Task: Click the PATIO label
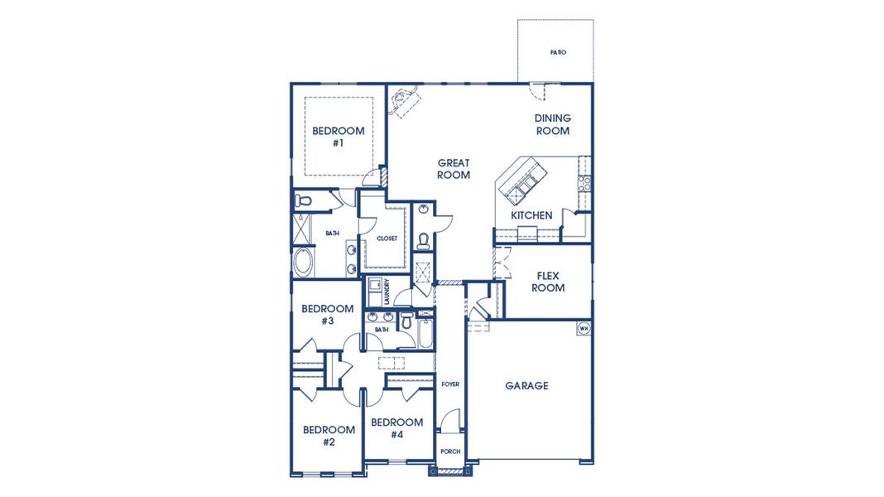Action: (x=558, y=52)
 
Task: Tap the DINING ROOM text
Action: (x=552, y=124)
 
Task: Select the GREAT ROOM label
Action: (x=454, y=169)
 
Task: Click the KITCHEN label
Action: (x=531, y=215)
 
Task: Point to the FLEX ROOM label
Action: (x=548, y=282)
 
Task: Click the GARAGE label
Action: (x=526, y=385)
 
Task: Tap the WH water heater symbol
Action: (x=583, y=328)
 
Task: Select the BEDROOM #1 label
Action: (x=338, y=137)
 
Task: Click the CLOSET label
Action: (x=387, y=239)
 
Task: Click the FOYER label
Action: (x=449, y=384)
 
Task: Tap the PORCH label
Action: (x=449, y=451)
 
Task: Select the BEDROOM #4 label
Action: (x=396, y=428)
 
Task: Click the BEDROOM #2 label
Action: (x=329, y=435)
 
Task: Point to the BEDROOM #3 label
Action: (x=327, y=314)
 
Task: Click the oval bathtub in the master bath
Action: (x=304, y=262)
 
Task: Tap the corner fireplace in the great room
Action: (x=405, y=101)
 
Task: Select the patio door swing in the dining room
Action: (x=537, y=91)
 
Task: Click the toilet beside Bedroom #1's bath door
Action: (x=303, y=200)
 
